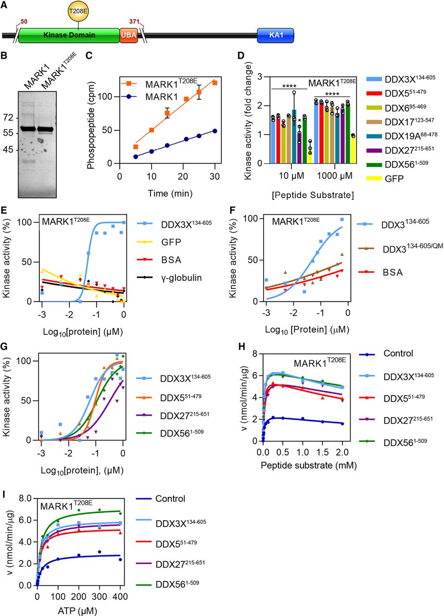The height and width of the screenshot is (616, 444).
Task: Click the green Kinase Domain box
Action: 69,36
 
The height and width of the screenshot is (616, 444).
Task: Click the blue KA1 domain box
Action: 275,36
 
